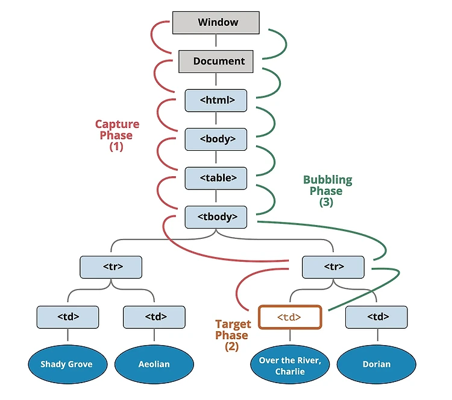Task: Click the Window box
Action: point(216,23)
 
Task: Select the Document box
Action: point(216,62)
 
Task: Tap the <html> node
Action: point(216,100)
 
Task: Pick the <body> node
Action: point(216,139)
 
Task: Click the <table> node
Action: point(216,179)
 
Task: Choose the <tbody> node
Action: point(216,217)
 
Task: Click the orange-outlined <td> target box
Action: point(290,317)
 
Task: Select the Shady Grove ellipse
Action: point(67,364)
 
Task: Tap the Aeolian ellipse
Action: point(154,364)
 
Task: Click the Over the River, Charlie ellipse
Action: point(290,364)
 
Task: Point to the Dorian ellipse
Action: point(377,364)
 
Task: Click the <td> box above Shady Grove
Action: point(67,317)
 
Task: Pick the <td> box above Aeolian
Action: point(154,317)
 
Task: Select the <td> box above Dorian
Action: point(377,317)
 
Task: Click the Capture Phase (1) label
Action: point(117,135)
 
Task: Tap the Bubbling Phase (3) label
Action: point(327,191)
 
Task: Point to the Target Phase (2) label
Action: point(233,335)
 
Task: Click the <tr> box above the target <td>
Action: point(333,267)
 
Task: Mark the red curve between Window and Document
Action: point(152,36)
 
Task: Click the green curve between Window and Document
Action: point(286,43)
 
